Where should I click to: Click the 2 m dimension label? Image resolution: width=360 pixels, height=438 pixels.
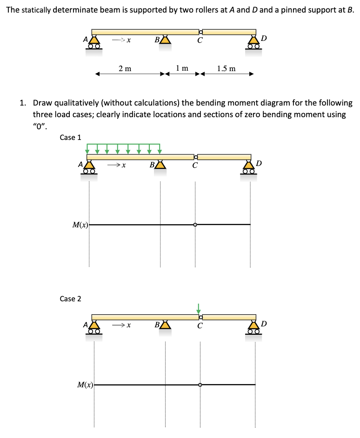125,68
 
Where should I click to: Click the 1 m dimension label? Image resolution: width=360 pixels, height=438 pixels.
182,68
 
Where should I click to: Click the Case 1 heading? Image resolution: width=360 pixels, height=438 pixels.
70,138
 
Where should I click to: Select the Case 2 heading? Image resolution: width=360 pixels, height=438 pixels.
70,299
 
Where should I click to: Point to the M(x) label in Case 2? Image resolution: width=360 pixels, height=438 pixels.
85,385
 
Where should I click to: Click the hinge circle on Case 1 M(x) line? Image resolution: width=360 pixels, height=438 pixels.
195,225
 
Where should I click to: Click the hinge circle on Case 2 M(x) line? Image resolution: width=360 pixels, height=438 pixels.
200,385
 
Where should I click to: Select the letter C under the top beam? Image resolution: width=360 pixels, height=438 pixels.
200,41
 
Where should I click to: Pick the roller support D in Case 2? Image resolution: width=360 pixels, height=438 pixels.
254,328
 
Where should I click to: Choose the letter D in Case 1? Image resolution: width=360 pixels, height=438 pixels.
259,163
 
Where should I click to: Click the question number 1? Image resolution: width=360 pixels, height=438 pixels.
22,103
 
